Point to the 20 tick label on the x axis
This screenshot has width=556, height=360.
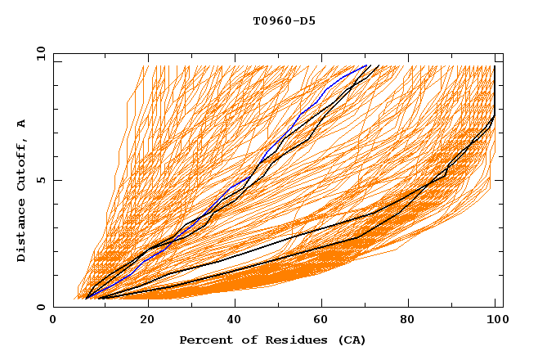pyautogui.click(x=142, y=320)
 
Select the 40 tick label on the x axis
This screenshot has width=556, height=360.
pyautogui.click(x=231, y=320)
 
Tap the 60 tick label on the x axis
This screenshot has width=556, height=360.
pyautogui.click(x=319, y=320)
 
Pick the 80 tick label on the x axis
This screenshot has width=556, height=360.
pyautogui.click(x=407, y=320)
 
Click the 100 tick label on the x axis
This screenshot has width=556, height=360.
pyautogui.click(x=495, y=320)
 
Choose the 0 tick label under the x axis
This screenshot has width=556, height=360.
pyautogui.click(x=54, y=320)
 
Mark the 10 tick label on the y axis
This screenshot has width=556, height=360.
pyautogui.click(x=40, y=53)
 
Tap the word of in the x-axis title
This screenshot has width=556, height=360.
pyautogui.click(x=244, y=340)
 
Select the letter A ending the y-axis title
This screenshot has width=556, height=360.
pyautogui.click(x=22, y=123)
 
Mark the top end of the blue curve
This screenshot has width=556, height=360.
pyautogui.click(x=367, y=65)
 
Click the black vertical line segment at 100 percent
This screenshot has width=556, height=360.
pyautogui.click(x=495, y=90)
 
